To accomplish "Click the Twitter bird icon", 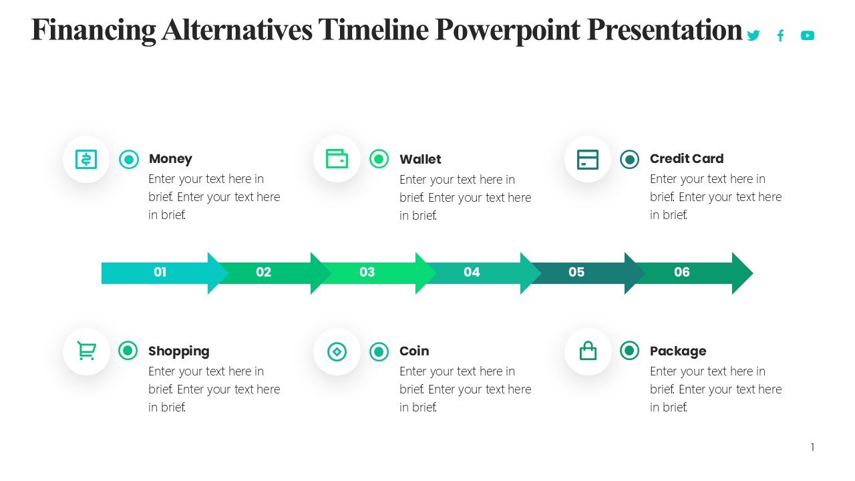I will [753, 35].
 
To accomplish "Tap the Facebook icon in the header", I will [780, 35].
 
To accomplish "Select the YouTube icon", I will [808, 35].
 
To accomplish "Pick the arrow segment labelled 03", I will [367, 273].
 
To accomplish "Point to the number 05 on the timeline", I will [576, 273].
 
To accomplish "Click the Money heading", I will [170, 159].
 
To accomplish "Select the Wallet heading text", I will [420, 160].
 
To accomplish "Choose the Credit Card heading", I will [686, 159].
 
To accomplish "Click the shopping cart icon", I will [86, 351].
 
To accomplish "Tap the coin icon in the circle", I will [337, 351].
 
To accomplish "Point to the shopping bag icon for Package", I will [588, 351].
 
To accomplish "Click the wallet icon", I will [337, 159].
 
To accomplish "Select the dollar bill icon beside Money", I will [86, 159].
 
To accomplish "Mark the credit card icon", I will [588, 160].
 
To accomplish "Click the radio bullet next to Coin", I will [379, 351].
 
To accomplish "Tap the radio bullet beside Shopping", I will [128, 351].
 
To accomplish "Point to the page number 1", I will [812, 448].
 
